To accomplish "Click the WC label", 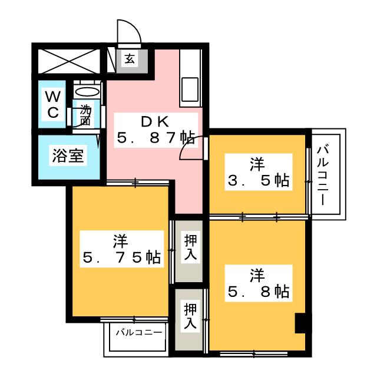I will point(53,105).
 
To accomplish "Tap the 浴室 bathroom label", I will point(67,156).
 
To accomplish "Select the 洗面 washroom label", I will point(86,115).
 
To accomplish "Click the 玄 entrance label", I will point(128,58).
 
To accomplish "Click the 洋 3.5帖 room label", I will point(257,173).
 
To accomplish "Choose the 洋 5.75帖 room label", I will point(121,250).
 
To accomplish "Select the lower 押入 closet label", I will point(189,316).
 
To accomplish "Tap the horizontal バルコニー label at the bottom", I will point(138,333).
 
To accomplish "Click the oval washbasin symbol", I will point(88,92).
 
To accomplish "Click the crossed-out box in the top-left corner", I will point(68,59).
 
